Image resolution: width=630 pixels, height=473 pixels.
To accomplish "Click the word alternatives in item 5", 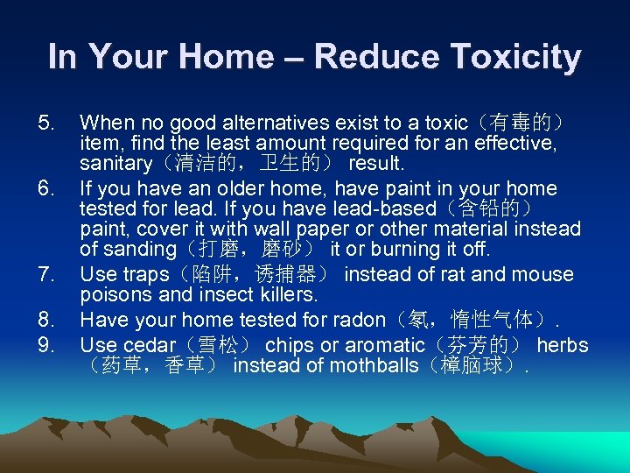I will tap(254, 121).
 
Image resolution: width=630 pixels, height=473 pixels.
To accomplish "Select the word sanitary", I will tap(115, 164).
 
